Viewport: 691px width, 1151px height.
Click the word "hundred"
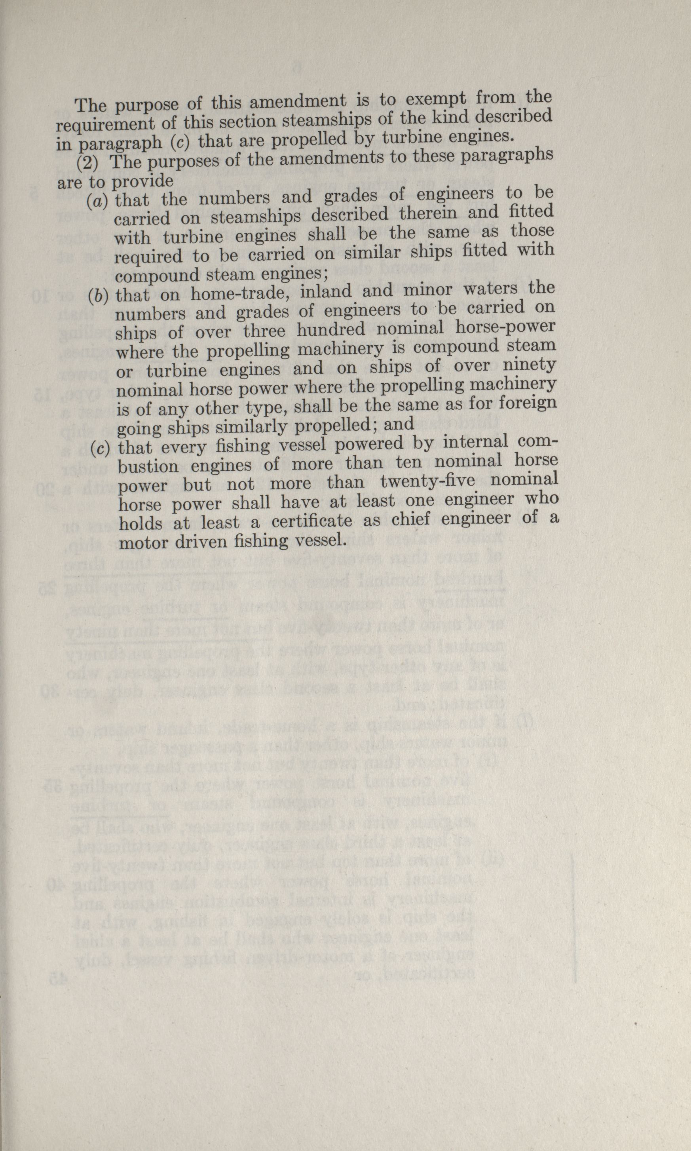coord(331,330)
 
